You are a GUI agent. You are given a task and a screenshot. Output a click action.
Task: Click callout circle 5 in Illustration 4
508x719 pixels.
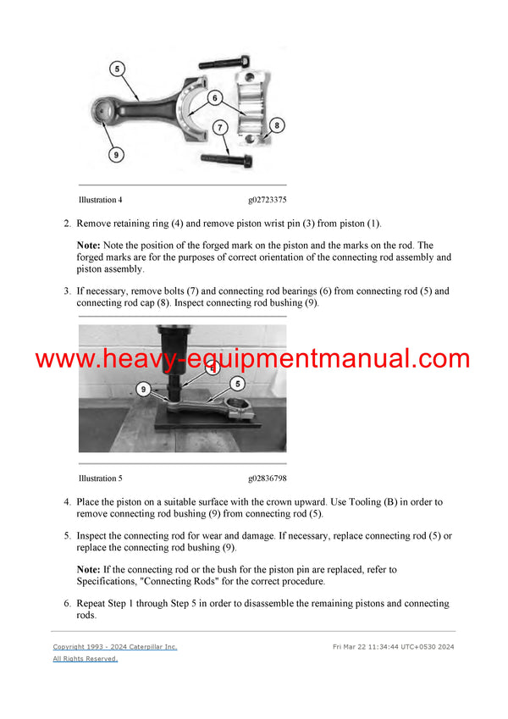[x=116, y=68]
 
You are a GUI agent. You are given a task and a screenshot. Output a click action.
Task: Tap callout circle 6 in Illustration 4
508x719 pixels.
[x=217, y=97]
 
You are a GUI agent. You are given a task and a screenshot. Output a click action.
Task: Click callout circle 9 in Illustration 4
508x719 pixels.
[x=115, y=154]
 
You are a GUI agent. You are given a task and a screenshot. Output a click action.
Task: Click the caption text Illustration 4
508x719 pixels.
[x=100, y=201]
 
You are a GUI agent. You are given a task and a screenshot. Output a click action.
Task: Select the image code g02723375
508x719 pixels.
[x=268, y=201]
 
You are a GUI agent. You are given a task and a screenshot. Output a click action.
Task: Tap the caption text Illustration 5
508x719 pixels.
[x=100, y=478]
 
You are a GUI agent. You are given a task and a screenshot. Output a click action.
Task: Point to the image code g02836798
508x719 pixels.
[x=268, y=478]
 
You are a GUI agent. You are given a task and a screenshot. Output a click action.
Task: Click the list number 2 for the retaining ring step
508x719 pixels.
[x=67, y=224]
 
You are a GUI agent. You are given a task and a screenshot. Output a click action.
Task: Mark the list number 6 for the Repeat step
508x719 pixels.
[x=67, y=603]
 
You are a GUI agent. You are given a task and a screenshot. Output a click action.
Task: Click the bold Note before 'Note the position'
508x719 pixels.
[x=88, y=245]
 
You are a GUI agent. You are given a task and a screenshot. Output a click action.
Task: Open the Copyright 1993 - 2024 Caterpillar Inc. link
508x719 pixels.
[x=115, y=647]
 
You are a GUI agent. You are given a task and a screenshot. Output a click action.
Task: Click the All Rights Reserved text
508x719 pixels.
[x=86, y=659]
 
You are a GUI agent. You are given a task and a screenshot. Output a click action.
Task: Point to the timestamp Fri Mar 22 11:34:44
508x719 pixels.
[x=373, y=647]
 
